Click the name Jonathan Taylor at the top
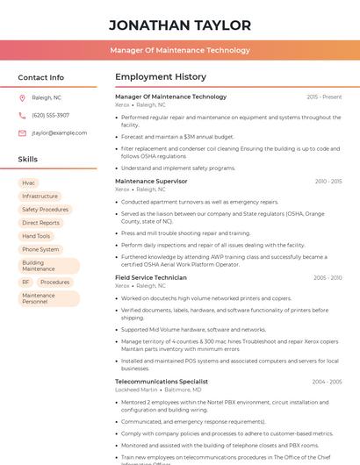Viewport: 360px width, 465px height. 180,25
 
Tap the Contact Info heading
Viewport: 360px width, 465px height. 41,77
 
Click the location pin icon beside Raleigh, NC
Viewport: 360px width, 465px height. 22,97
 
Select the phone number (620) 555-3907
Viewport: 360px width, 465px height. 50,115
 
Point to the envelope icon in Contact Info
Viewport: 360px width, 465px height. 22,132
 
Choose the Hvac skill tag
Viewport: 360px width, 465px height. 29,182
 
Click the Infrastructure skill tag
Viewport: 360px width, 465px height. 40,196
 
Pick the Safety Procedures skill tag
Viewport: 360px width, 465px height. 45,210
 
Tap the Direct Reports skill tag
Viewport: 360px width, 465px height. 41,223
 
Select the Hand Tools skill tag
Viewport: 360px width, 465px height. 36,236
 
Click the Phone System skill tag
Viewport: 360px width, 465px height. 40,249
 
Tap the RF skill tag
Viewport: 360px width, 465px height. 25,282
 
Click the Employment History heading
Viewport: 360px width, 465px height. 161,77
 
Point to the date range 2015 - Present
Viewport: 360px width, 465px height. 324,97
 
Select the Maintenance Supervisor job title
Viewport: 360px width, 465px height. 151,181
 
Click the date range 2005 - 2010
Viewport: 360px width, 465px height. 327,277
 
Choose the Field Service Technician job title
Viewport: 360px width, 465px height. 151,277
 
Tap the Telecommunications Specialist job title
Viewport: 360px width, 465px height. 162,382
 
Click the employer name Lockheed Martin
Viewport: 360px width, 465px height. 136,390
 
